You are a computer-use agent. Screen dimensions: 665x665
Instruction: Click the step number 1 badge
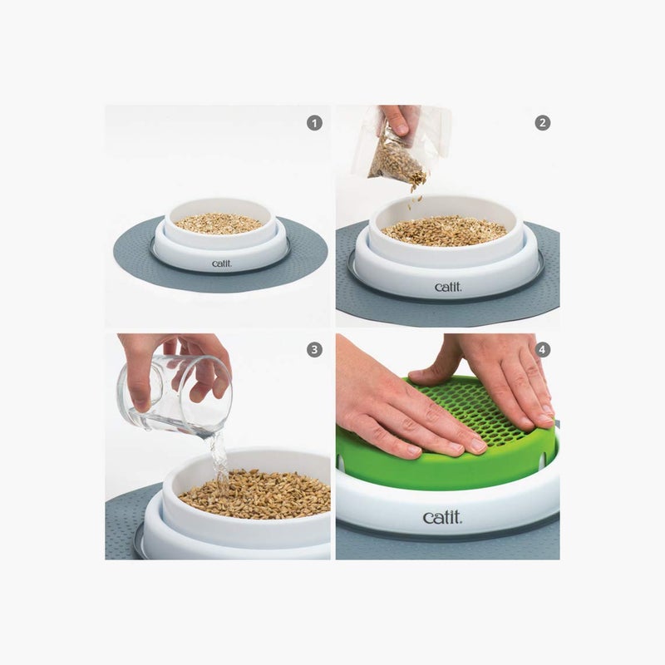tap(314, 122)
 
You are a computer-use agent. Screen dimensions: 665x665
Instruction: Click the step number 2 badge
tap(543, 122)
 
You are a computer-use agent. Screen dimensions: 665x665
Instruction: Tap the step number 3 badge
tap(314, 350)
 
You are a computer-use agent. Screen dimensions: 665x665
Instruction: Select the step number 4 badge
tap(543, 350)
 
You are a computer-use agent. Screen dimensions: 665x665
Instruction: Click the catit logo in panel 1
tap(223, 264)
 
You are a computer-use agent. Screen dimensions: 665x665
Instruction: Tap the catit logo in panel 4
tap(442, 518)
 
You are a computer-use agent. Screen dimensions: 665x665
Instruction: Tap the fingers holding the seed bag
tap(401, 118)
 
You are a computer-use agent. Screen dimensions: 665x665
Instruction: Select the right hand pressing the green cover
tap(499, 374)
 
